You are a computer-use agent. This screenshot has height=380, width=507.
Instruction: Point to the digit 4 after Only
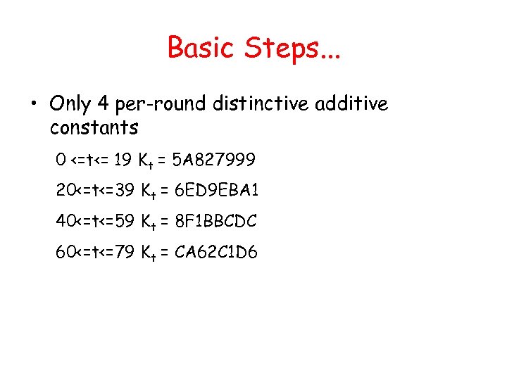[x=103, y=104]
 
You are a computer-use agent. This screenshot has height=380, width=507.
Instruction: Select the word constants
[x=94, y=128]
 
